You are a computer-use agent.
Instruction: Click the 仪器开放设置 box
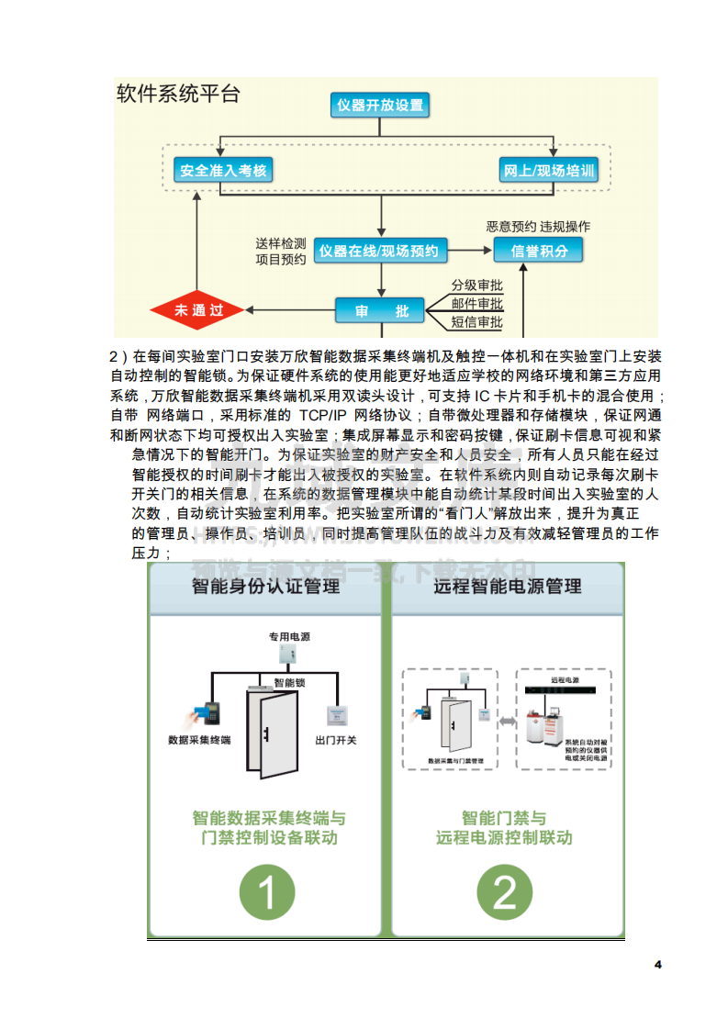click(379, 105)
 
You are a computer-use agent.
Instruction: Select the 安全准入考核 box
click(224, 171)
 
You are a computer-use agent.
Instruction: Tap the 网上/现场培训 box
click(549, 171)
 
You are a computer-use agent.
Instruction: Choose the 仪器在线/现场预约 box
click(380, 251)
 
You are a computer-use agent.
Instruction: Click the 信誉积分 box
click(539, 251)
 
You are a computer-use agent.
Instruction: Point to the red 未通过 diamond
click(199, 310)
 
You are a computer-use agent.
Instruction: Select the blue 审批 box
click(378, 310)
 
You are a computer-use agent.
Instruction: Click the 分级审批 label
click(476, 285)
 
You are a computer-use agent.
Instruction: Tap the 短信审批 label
click(476, 322)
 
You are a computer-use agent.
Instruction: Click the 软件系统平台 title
click(179, 94)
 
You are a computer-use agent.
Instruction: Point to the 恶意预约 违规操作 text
click(538, 227)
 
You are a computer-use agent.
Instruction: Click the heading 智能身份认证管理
click(265, 586)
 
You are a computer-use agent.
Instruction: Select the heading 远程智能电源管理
click(508, 586)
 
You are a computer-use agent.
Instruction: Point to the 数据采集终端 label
click(199, 740)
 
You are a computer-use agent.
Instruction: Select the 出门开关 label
click(335, 740)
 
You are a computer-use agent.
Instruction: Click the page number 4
click(657, 964)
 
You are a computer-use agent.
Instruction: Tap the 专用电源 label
click(289, 636)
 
